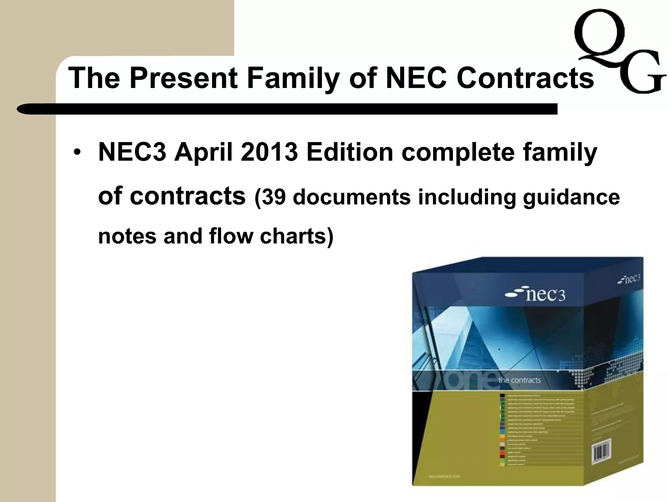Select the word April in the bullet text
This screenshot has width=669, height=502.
click(203, 152)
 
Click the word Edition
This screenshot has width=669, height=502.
click(350, 152)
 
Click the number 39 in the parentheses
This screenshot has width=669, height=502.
click(273, 197)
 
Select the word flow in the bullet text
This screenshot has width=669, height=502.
click(231, 236)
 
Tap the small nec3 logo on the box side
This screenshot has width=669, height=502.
click(629, 279)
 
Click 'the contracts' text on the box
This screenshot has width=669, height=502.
click(519, 380)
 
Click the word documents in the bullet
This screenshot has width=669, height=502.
click(352, 197)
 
